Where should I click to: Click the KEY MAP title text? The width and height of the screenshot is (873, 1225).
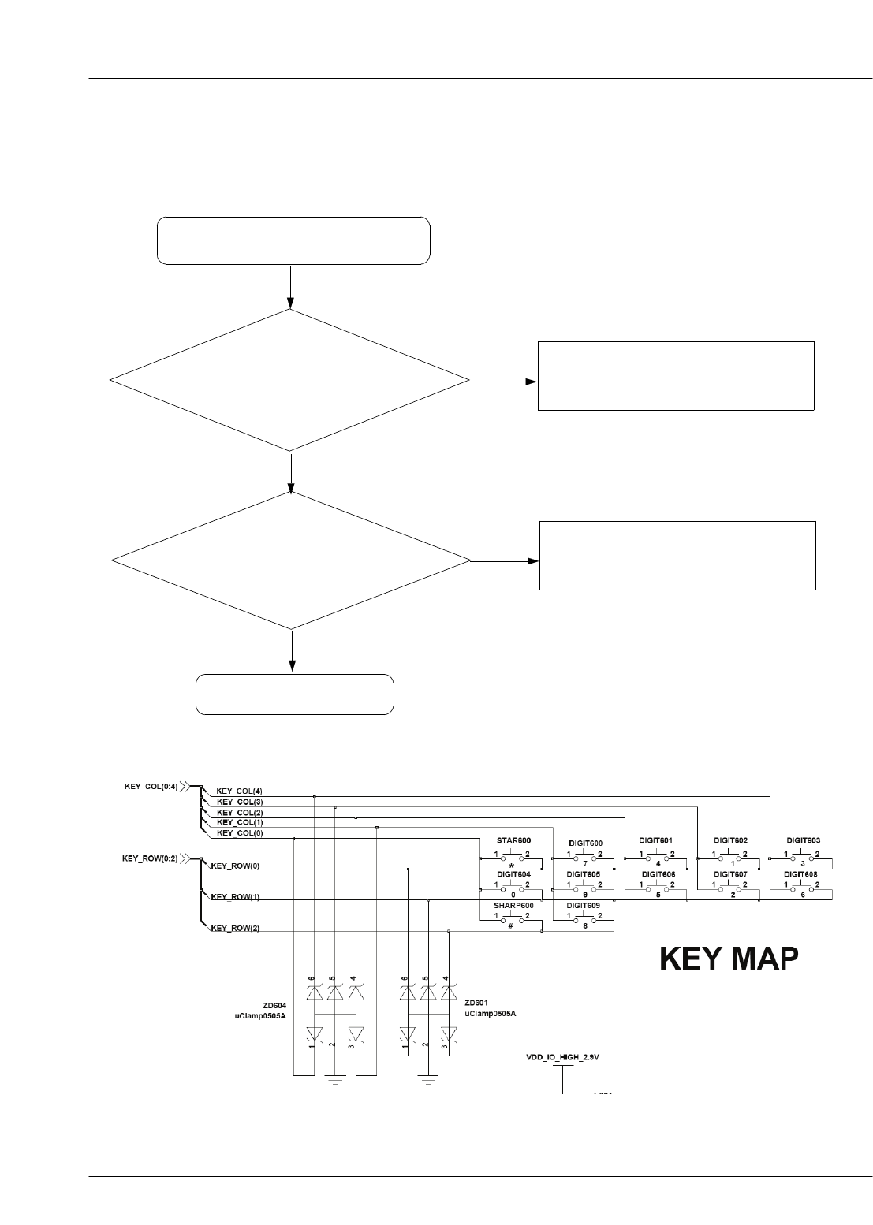(728, 959)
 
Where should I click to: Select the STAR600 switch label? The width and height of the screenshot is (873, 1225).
(513, 841)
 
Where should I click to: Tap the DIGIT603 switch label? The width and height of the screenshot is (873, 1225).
(803, 841)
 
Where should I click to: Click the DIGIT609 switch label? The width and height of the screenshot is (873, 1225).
(584, 906)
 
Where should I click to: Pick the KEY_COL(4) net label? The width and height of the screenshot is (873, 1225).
(239, 791)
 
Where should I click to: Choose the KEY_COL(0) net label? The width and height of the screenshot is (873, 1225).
(239, 832)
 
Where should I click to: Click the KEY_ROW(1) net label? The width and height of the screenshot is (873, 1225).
(234, 897)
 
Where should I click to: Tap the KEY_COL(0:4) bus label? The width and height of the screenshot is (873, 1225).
(150, 786)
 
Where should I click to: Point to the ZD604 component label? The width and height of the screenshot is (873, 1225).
(274, 1006)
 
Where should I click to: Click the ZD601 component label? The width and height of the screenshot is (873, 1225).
(476, 1003)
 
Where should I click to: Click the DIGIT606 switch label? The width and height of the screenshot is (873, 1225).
(658, 874)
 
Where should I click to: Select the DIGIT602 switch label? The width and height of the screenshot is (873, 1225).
(730, 841)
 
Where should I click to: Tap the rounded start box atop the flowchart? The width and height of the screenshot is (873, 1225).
(293, 240)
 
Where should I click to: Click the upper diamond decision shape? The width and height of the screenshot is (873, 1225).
(289, 381)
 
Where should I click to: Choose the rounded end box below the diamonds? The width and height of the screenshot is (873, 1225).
(294, 694)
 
